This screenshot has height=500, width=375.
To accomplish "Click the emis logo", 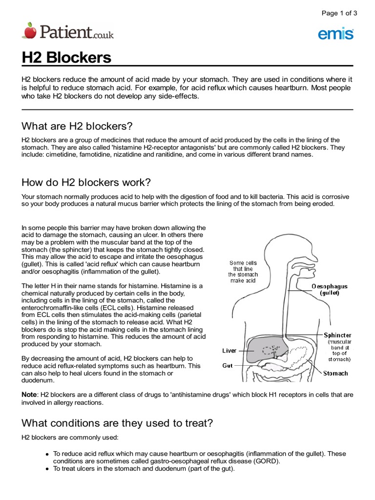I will click(x=336, y=33).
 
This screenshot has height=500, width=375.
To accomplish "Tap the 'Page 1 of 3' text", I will click(x=339, y=13).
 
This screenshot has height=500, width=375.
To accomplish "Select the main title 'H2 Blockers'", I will click(x=66, y=58).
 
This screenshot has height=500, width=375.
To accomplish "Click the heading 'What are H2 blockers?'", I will click(x=77, y=126).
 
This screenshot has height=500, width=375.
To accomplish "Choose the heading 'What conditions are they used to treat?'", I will click(x=117, y=423).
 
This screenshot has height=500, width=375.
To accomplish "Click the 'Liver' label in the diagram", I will click(x=229, y=351).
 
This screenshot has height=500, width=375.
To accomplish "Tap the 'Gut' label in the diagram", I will click(x=228, y=365).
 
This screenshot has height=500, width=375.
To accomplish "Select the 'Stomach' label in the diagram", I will click(x=336, y=374).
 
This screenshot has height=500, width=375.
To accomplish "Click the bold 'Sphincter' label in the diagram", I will click(x=337, y=335).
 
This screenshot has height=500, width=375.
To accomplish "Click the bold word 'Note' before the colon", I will click(x=29, y=394).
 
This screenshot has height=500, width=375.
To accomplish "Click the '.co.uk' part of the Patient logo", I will click(x=103, y=35).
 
